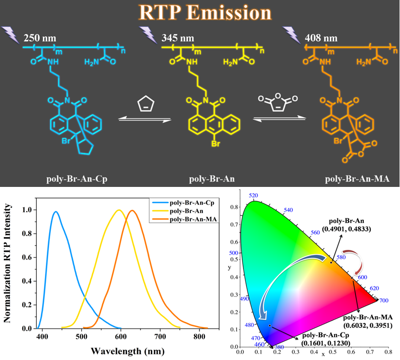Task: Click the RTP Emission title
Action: (x=200, y=12)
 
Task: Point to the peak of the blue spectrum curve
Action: (x=56, y=212)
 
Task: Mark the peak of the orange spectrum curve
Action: (x=133, y=210)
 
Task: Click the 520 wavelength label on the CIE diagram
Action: (x=253, y=196)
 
